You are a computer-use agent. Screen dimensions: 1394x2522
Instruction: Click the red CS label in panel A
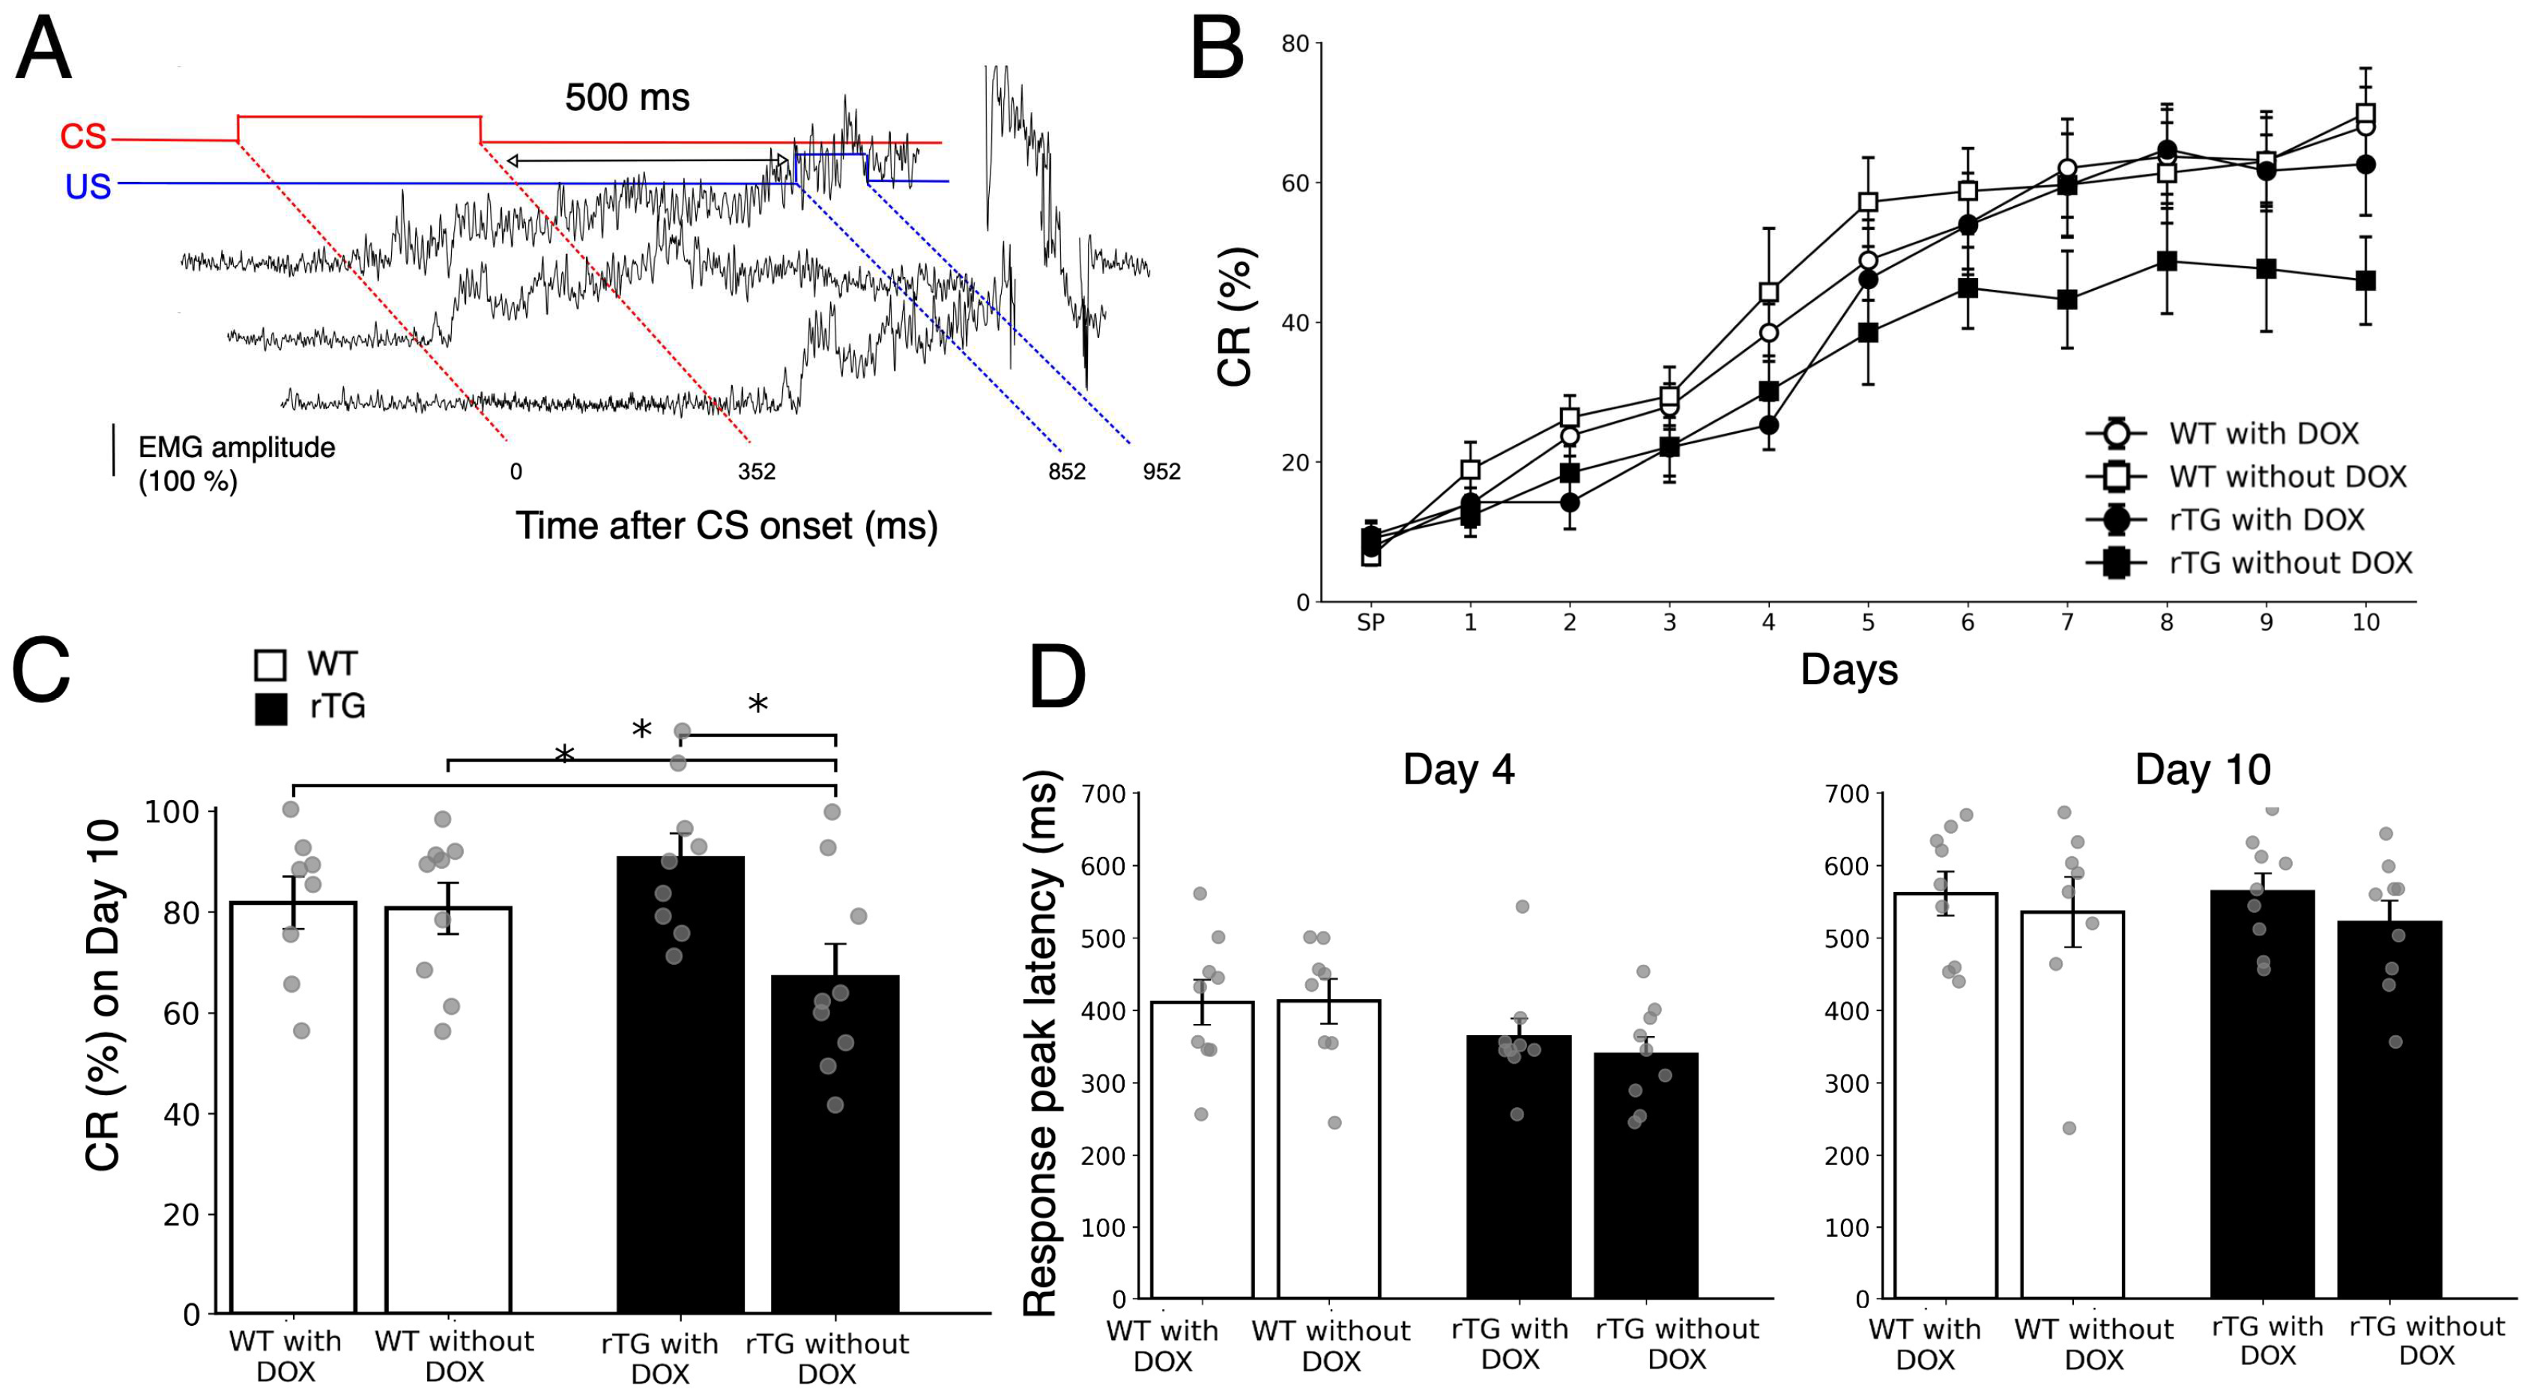83,136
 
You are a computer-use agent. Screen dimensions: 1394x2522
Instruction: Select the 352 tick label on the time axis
756,472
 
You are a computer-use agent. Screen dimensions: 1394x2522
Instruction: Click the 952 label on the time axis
1161,472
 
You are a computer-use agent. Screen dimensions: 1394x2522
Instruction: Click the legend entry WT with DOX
2263,433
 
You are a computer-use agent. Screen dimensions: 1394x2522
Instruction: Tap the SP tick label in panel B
1370,622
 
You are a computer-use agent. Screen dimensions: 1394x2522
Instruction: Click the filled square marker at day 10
2365,280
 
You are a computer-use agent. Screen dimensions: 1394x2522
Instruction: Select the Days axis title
1849,670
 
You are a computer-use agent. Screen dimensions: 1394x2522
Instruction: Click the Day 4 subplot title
1458,769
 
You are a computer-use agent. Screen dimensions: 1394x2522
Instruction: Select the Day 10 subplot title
2202,769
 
